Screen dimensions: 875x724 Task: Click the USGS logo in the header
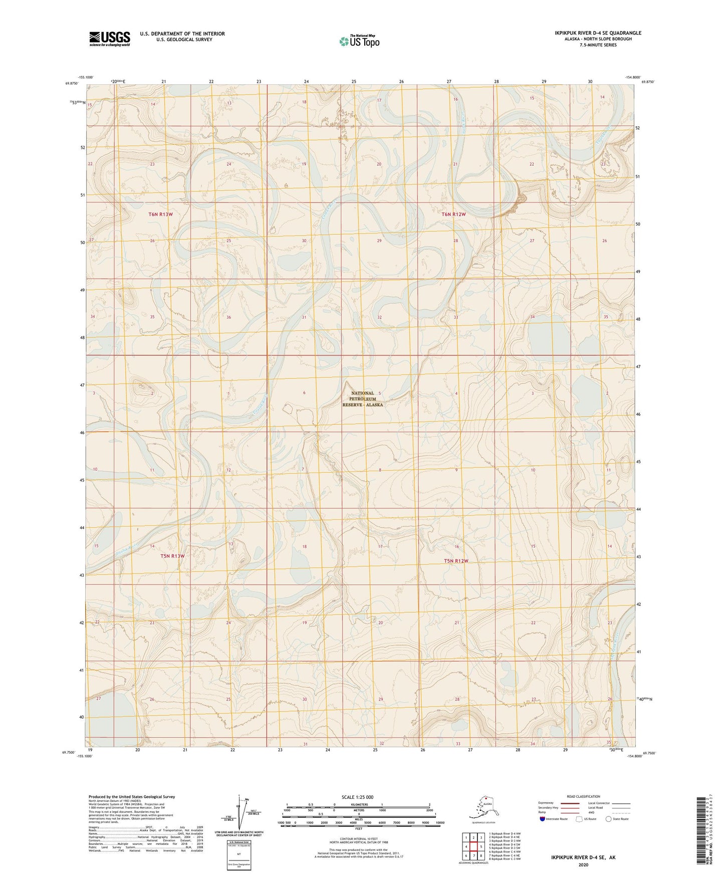pyautogui.click(x=109, y=39)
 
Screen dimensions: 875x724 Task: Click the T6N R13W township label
pyautogui.click(x=160, y=214)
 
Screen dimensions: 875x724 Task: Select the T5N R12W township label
pyautogui.click(x=456, y=561)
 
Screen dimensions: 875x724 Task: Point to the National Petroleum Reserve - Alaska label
pyautogui.click(x=362, y=399)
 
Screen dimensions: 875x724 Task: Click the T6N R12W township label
pyautogui.click(x=453, y=214)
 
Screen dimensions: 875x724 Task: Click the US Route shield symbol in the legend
pyautogui.click(x=579, y=819)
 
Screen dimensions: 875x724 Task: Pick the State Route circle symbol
pyautogui.click(x=609, y=819)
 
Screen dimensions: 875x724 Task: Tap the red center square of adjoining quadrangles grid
pyautogui.click(x=473, y=846)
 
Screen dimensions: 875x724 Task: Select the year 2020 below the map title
pyautogui.click(x=583, y=864)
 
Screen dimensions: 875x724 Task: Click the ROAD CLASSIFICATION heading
pyautogui.click(x=583, y=796)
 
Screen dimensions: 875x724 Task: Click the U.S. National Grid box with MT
pyautogui.click(x=239, y=853)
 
